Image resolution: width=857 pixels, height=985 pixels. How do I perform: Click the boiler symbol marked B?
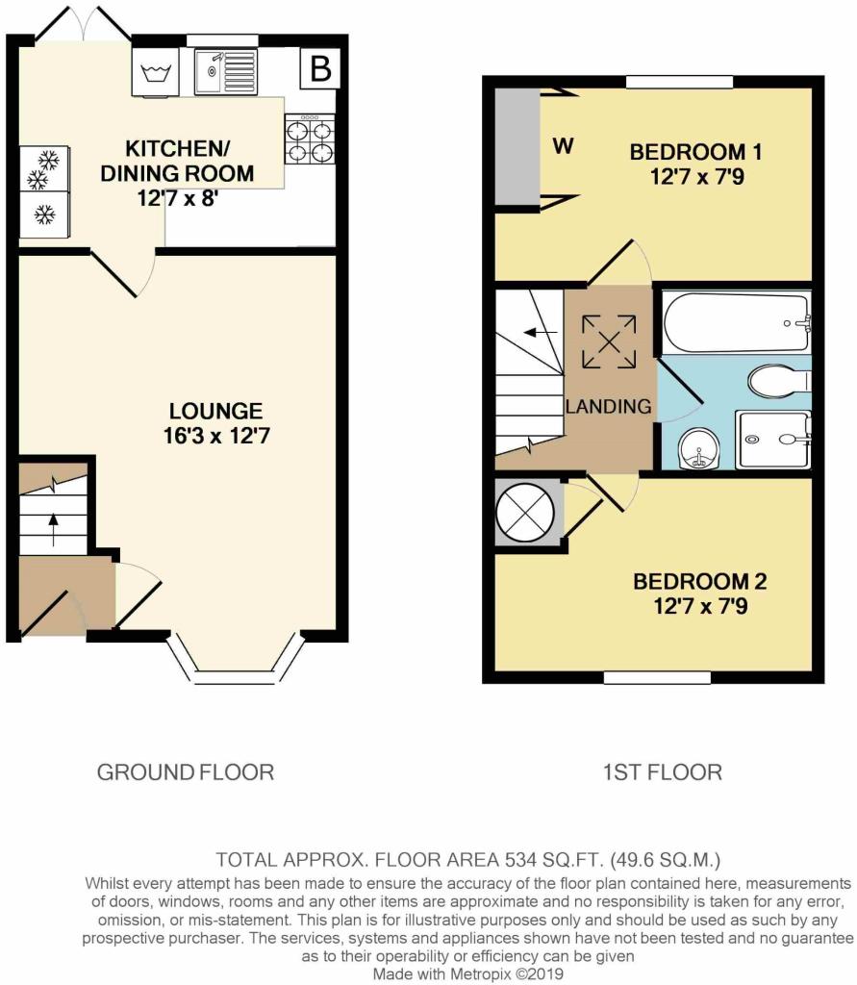[x=320, y=68]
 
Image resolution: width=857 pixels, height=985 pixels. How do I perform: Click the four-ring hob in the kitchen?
[x=310, y=139]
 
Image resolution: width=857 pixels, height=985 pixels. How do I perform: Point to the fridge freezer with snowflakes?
[x=44, y=191]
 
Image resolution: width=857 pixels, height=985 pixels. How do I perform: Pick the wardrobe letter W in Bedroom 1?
[x=563, y=147]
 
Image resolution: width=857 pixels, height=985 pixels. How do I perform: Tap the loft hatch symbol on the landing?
[x=609, y=341]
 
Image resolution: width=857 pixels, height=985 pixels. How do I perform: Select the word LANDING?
[x=608, y=407]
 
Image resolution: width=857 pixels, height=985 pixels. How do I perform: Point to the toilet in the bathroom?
[x=779, y=381]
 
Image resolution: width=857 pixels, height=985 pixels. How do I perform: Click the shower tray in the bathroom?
[x=773, y=440]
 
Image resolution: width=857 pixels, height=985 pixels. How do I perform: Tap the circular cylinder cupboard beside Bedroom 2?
[x=525, y=511]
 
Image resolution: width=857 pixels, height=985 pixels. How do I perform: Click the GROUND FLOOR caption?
[x=186, y=771]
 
